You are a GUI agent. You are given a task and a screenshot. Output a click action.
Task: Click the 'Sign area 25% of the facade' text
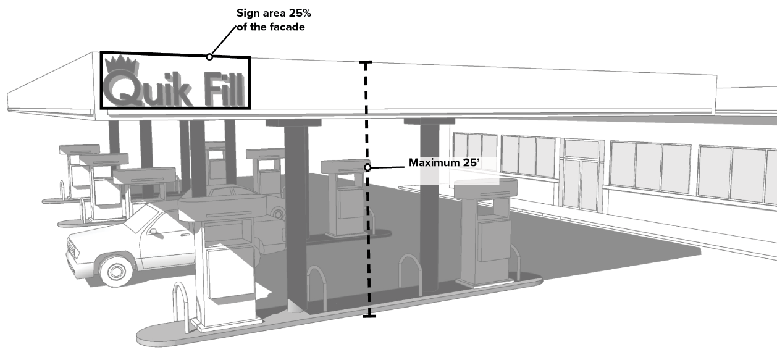[271, 20]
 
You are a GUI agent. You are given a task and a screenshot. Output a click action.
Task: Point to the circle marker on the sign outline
[209, 57]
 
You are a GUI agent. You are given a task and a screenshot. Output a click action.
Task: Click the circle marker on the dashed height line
[367, 167]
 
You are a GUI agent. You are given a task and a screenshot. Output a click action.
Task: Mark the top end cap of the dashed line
[366, 62]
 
